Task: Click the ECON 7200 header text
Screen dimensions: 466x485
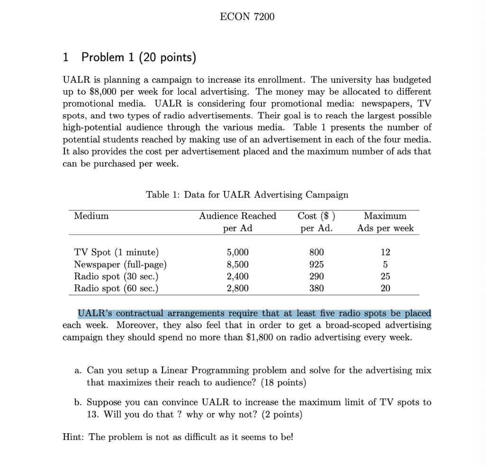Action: point(247,17)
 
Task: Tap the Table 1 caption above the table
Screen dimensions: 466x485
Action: point(247,195)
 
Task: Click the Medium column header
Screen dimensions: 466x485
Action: point(91,216)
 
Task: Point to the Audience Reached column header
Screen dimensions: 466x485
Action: point(237,216)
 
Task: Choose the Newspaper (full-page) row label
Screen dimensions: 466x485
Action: point(120,264)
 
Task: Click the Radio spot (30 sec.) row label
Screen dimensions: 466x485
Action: point(116,276)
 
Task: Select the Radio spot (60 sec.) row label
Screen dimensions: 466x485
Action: point(116,288)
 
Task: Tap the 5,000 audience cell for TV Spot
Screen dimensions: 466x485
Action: point(238,252)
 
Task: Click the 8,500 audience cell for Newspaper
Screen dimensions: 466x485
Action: point(238,264)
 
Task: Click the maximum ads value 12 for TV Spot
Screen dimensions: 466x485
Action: point(386,252)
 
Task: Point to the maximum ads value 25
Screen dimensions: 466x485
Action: point(386,276)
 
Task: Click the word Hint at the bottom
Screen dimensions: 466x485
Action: point(72,437)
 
